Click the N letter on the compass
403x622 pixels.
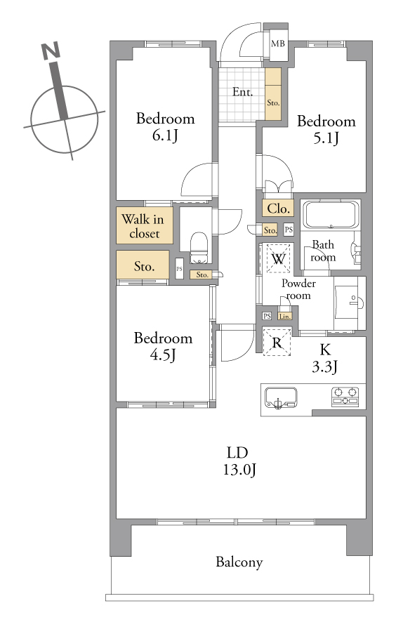[51, 51]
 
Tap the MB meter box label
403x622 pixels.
[277, 44]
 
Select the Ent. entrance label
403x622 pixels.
[242, 93]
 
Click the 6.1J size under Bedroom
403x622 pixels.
[165, 136]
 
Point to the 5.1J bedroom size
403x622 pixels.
[326, 138]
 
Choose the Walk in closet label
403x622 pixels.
[145, 226]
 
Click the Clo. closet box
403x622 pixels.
[278, 209]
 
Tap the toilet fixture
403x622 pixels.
[198, 248]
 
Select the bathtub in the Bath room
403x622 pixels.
[331, 215]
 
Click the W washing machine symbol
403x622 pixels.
[279, 258]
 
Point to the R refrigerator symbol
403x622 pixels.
[277, 343]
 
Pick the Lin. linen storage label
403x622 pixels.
[285, 317]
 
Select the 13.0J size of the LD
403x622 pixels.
[239, 470]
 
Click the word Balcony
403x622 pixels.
[239, 562]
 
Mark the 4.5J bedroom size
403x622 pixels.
[163, 355]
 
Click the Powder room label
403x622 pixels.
[298, 289]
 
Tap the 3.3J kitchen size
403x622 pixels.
[324, 367]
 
